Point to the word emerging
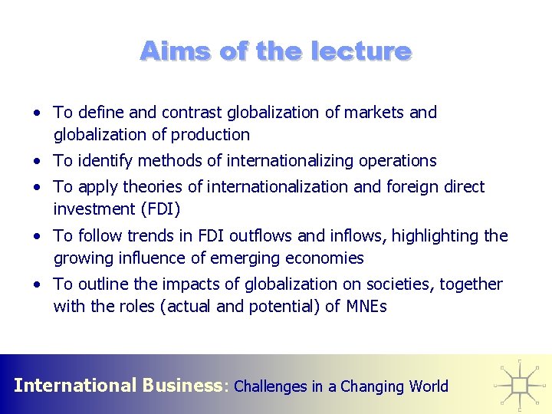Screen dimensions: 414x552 click(259, 258)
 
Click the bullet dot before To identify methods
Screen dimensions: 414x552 click(37, 162)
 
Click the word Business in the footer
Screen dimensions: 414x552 click(182, 385)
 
